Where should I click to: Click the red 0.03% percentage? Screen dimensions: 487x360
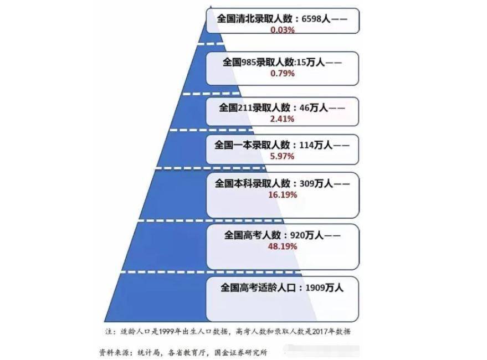click(x=283, y=30)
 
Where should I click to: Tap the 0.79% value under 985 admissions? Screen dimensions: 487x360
click(x=283, y=73)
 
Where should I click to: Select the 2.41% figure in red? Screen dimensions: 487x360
click(x=282, y=119)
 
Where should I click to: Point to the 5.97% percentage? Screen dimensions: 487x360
click(x=282, y=156)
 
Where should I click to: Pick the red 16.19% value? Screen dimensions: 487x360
click(x=283, y=195)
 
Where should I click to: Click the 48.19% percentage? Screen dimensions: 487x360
click(x=283, y=246)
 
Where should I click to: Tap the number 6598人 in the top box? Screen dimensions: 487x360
click(x=316, y=19)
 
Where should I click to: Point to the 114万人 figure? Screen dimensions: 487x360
click(x=316, y=145)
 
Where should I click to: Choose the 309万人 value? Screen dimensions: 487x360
click(x=316, y=183)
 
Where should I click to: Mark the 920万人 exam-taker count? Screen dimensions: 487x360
click(x=307, y=235)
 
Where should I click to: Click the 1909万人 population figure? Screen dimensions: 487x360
click(x=325, y=287)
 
